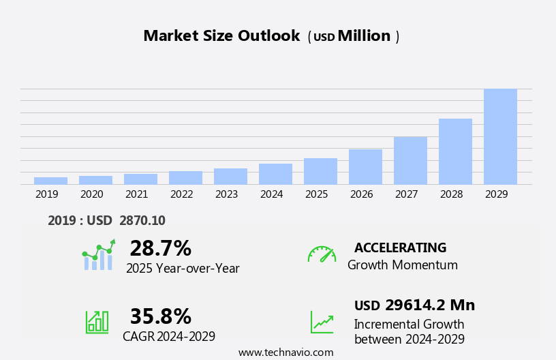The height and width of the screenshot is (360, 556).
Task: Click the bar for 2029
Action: coord(500,136)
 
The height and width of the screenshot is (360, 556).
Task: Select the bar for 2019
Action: coord(50,181)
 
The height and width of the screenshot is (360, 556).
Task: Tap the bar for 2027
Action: coord(410,160)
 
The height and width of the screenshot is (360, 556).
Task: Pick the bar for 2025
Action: coord(320,171)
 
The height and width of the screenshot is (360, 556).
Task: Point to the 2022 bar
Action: coord(185,177)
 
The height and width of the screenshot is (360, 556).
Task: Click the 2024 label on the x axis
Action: coord(271,194)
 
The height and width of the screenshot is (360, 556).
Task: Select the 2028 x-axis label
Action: coord(451,194)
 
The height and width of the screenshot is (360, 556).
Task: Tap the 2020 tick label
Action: coord(91,194)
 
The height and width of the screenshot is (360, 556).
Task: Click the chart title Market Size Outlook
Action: coord(221,36)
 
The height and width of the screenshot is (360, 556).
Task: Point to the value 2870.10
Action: coord(142,220)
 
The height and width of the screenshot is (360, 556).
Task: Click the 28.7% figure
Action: coord(160,248)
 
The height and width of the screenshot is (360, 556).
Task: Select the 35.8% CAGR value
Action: coord(160,316)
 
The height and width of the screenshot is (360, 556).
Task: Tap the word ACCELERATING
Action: coord(400,247)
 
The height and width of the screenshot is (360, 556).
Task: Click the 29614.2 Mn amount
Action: coord(429,305)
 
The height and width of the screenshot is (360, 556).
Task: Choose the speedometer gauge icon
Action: coord(322,254)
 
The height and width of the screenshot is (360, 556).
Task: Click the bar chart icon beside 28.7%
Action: coord(98,256)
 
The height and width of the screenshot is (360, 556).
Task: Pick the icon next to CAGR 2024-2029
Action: coord(97,321)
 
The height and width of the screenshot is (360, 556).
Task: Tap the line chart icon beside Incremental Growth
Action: coord(322,322)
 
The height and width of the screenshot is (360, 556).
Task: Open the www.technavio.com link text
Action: coord(285,352)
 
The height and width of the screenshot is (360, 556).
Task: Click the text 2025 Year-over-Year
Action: coord(183,269)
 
